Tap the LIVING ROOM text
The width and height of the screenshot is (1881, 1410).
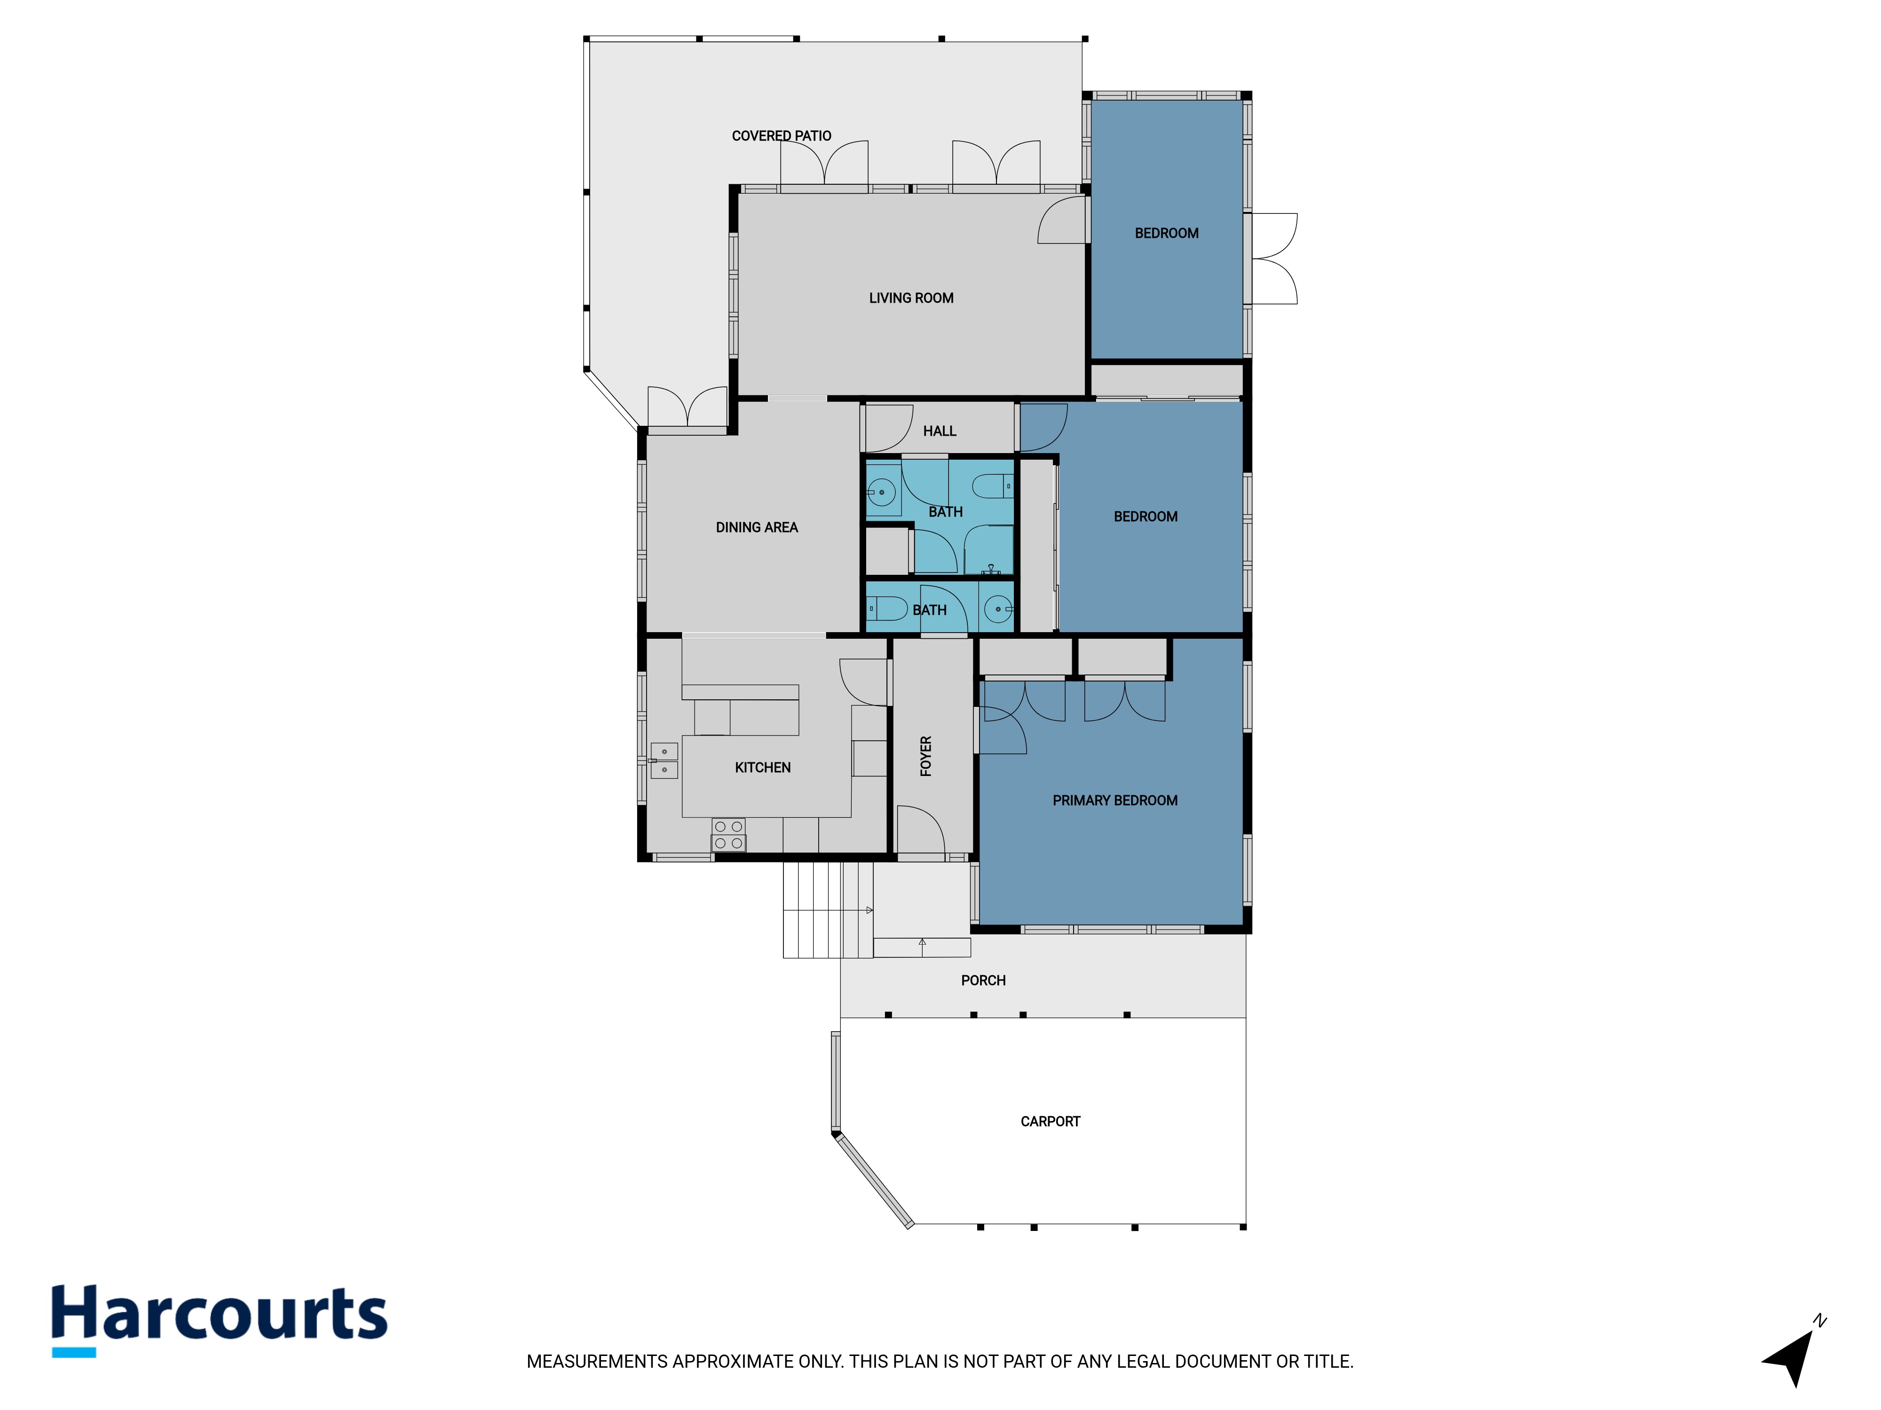coord(911,298)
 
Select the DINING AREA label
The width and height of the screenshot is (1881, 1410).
coord(756,528)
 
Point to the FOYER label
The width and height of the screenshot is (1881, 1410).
coord(926,756)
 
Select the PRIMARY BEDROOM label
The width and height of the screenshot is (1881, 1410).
coord(1115,800)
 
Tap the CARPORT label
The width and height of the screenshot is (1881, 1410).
coord(1050,1122)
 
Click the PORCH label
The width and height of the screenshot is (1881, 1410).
coord(983,981)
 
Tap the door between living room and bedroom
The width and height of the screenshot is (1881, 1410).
coord(1062,220)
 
